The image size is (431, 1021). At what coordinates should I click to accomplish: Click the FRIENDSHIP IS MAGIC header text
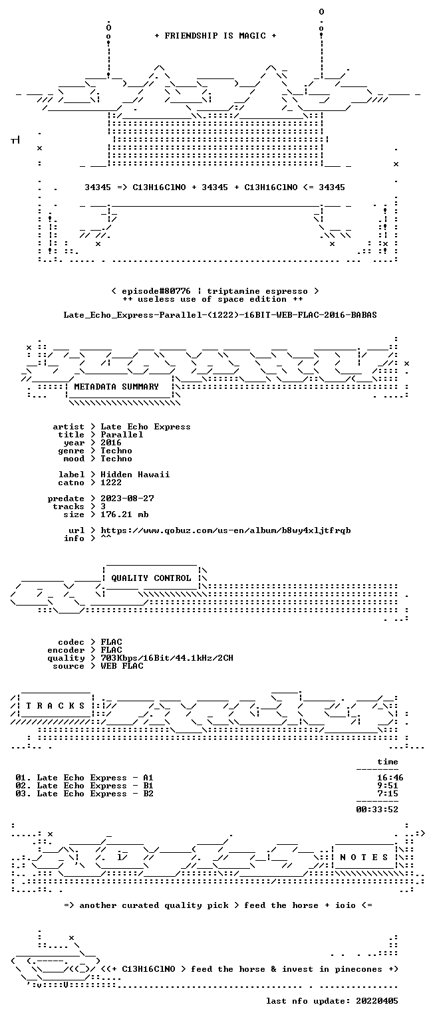[x=215, y=35]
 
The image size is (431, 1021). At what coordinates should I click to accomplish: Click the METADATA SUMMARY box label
[x=116, y=386]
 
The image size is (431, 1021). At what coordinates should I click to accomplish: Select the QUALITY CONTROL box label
[x=151, y=578]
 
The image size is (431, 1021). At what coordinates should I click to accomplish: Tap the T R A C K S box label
[x=56, y=705]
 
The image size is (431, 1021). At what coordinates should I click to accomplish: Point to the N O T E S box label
[x=364, y=857]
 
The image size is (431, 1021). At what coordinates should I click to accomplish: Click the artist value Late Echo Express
[x=146, y=427]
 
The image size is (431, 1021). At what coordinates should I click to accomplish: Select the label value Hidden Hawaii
[x=135, y=475]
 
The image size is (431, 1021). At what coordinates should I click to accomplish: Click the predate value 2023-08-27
[x=127, y=499]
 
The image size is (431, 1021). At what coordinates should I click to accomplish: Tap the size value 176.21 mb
[x=124, y=514]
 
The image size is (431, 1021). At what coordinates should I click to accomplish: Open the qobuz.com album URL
[x=225, y=530]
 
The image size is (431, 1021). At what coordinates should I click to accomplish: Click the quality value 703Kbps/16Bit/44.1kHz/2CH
[x=167, y=658]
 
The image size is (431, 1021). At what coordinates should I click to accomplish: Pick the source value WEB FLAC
[x=122, y=666]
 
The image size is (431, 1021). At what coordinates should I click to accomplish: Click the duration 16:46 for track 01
[x=390, y=778]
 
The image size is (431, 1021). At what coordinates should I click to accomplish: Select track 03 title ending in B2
[x=84, y=794]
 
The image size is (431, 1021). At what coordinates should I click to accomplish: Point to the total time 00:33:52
[x=377, y=810]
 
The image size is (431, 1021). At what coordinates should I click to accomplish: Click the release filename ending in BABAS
[x=220, y=315]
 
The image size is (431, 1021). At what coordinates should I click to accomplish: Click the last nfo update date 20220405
[x=376, y=1001]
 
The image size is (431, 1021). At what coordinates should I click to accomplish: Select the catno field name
[x=71, y=483]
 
